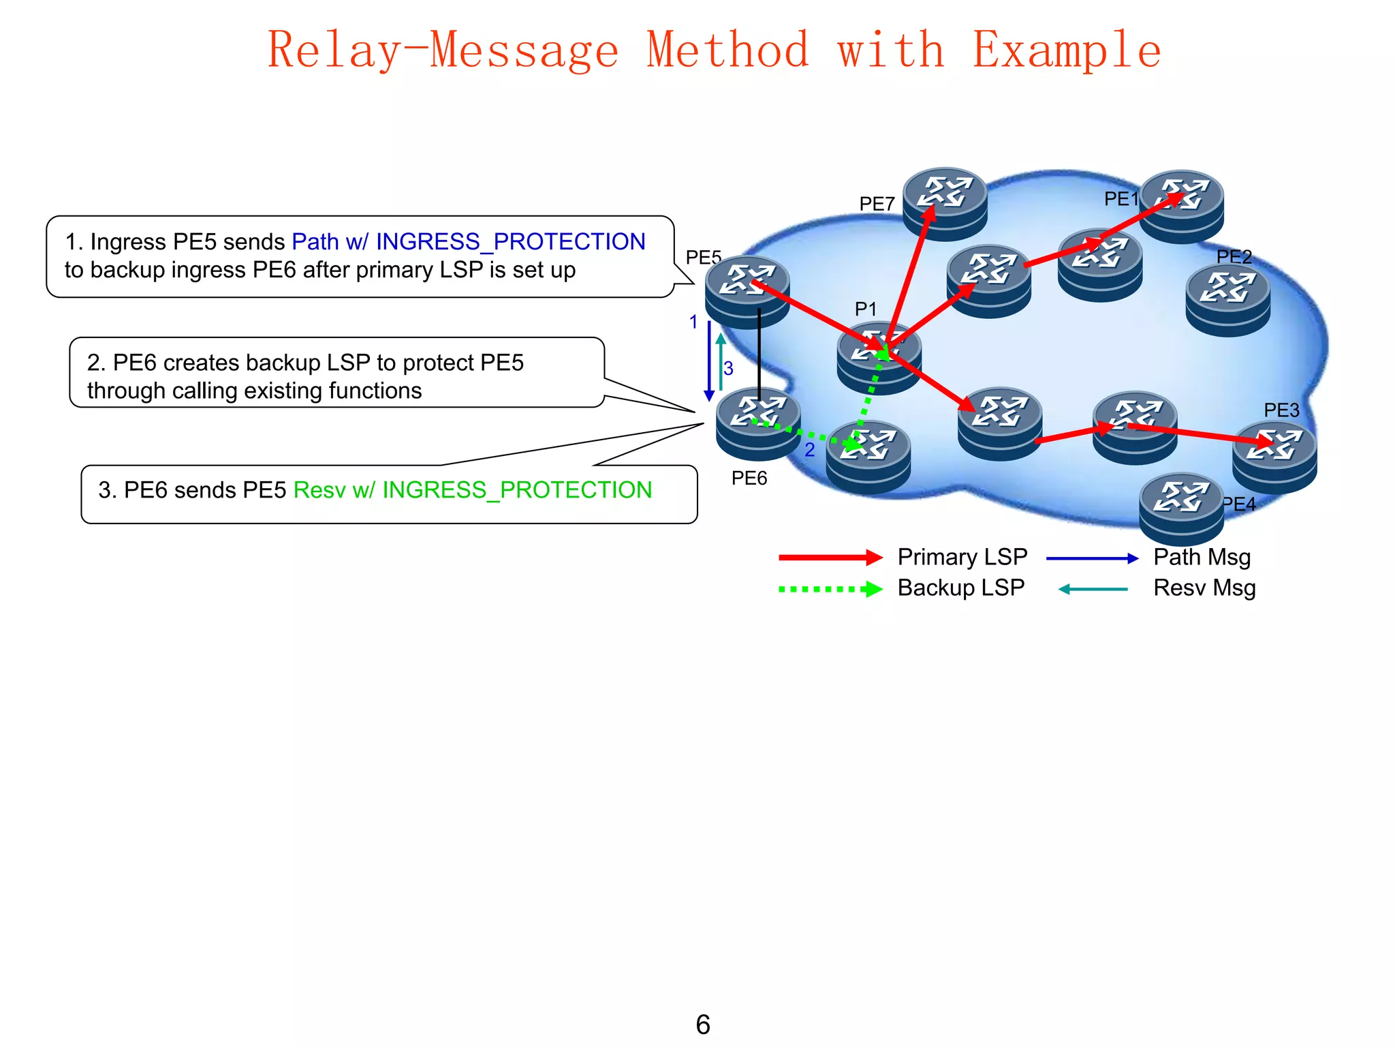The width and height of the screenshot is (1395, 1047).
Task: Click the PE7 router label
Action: [x=877, y=204]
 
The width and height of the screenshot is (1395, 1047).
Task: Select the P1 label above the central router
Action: [x=865, y=309]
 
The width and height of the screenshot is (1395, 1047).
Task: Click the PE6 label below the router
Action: [x=749, y=479]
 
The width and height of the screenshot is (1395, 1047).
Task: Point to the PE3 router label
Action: [x=1281, y=410]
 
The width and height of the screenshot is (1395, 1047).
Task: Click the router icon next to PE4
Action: [x=1181, y=507]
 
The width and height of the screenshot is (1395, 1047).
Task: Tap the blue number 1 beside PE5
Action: [x=693, y=322]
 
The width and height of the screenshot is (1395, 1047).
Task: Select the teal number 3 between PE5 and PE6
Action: [x=728, y=369]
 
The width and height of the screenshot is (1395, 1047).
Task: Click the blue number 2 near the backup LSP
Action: [x=809, y=450]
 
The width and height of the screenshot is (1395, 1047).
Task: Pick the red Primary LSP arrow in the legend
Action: [x=830, y=558]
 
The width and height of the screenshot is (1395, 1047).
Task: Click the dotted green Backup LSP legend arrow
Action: [x=830, y=589]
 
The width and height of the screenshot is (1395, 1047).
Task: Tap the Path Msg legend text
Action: [x=1202, y=558]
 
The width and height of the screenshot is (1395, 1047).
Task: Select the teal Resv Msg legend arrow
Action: [x=1093, y=589]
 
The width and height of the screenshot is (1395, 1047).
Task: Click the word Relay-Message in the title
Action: [x=443, y=50]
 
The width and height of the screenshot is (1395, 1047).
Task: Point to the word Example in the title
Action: [x=1066, y=50]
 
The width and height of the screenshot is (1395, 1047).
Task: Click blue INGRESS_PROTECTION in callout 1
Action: [x=510, y=242]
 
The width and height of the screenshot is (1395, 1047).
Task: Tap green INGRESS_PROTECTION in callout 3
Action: [x=517, y=490]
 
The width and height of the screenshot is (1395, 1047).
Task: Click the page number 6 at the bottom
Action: [x=703, y=1025]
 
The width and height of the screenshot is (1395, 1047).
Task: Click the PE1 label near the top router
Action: [x=1120, y=199]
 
